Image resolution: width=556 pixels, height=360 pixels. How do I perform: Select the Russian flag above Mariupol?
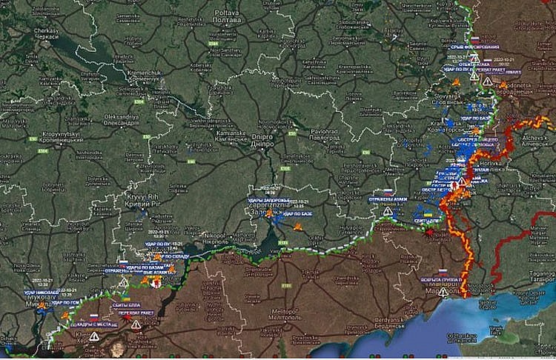(x=443, y=272)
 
